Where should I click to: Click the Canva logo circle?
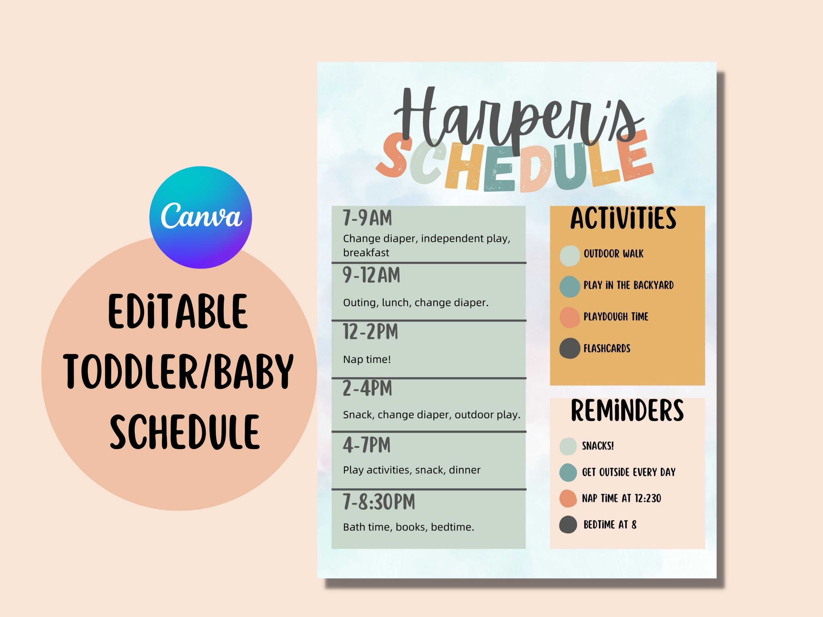[x=201, y=217]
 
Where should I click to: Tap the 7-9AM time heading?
[x=367, y=218]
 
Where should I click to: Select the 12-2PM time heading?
[x=370, y=332]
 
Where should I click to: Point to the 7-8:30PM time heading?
[x=379, y=502]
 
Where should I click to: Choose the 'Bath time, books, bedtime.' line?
[x=408, y=527]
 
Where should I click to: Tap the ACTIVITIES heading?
[x=623, y=219]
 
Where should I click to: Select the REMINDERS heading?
[x=627, y=411]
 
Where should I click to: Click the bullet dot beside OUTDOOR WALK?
[x=570, y=256]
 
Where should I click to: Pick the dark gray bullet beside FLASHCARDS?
[x=570, y=349]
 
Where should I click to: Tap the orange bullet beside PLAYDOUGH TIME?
[x=570, y=317]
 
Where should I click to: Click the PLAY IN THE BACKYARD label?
[x=629, y=285]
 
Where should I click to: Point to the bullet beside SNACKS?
[x=568, y=446]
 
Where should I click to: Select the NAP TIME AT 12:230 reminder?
[x=621, y=498]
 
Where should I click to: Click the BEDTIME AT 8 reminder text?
[x=610, y=525]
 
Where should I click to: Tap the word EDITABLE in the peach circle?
[x=178, y=312]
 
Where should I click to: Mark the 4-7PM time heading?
[x=366, y=445]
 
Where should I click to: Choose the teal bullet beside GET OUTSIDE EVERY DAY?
[x=568, y=472]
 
